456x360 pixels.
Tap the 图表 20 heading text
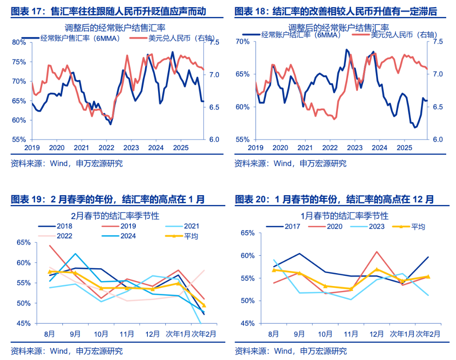coord(334,199)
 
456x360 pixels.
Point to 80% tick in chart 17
coord(19,42)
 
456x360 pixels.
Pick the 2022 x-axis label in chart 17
coord(106,147)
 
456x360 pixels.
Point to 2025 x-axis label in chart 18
coord(404,147)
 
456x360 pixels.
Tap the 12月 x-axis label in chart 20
coord(376,333)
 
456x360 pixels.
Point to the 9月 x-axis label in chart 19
coord(75,333)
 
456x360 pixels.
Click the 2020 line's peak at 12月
coord(377,252)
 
